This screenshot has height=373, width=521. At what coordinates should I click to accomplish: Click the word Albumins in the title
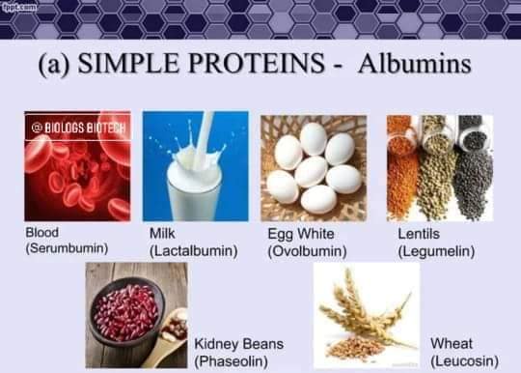414,63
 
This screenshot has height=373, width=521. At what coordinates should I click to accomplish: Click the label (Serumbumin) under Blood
68,248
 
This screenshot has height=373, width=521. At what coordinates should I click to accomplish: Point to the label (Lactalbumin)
194,250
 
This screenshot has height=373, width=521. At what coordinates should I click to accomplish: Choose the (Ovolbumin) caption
308,251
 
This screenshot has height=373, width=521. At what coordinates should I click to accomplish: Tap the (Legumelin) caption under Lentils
436,251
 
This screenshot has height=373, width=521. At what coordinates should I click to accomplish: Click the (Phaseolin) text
232,361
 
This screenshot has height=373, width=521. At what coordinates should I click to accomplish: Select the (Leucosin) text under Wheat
464,360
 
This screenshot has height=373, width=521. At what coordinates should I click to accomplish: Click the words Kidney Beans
239,344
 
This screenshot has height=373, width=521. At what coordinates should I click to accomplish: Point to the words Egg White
301,234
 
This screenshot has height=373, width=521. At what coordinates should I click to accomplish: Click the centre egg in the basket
312,172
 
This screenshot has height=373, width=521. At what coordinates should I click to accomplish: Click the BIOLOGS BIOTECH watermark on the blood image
79,128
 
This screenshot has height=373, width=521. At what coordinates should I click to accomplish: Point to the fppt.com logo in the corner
19,7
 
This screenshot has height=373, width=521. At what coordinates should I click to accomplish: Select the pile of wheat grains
354,348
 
